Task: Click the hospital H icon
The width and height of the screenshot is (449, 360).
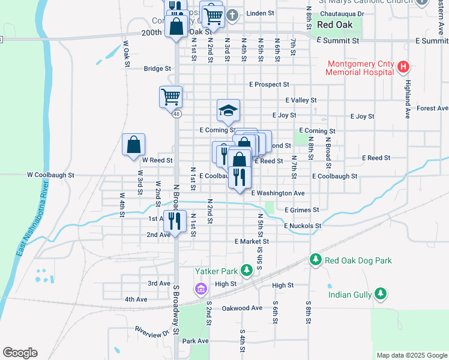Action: [x=403, y=66]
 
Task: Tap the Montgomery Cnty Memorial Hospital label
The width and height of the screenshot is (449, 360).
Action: [x=360, y=68]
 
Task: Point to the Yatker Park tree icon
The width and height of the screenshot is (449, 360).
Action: [x=246, y=271]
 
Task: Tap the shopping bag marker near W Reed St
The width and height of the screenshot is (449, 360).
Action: [x=133, y=145]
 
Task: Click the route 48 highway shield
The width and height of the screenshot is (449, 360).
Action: [x=176, y=113]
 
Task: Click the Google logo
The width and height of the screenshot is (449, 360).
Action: [x=20, y=353]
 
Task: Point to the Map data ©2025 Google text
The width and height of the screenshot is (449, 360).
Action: [x=411, y=355]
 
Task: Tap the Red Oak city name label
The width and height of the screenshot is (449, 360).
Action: [x=334, y=25]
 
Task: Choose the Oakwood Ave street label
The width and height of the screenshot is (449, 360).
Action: [x=242, y=308]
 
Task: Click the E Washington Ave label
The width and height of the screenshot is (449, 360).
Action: [x=278, y=193]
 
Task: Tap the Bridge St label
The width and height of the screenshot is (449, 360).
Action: [x=157, y=68]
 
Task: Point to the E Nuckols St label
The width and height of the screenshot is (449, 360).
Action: [x=303, y=226]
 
